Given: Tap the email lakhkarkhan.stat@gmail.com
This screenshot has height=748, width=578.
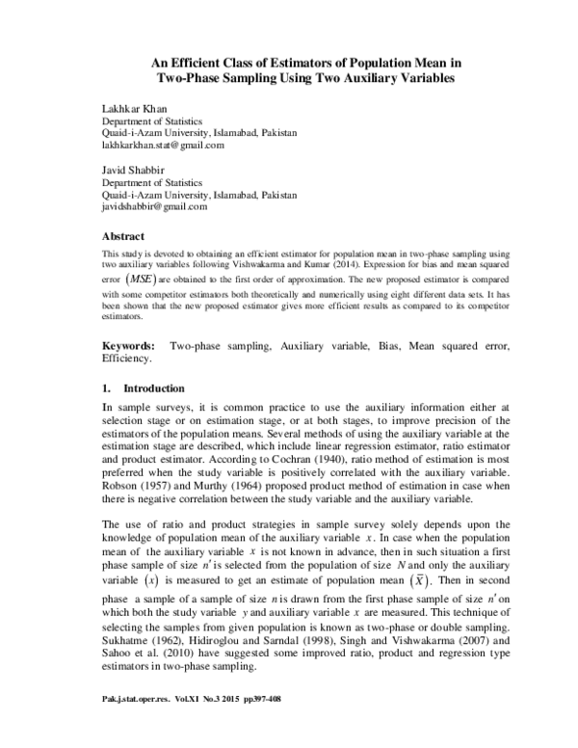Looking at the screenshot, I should click(163, 146).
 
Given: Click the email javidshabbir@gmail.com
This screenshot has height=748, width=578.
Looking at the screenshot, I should click(154, 206).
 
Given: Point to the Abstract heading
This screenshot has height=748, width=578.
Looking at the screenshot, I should click(123, 236).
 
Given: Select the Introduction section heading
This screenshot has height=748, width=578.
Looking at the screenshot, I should click(151, 388).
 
